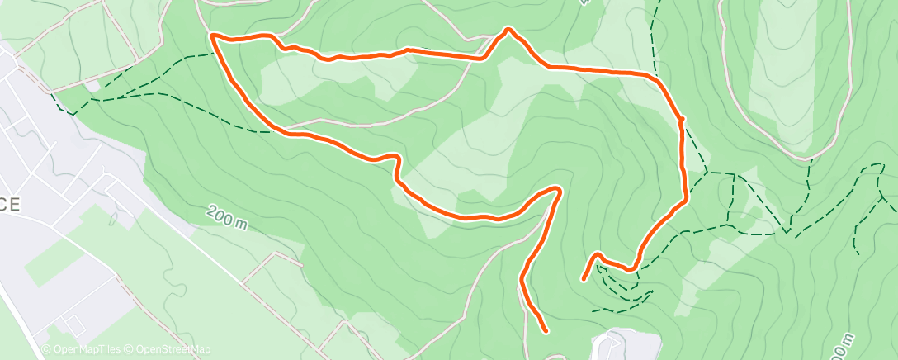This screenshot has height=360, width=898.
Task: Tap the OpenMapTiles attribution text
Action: [82, 349]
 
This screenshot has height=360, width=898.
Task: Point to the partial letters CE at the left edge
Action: [9, 205]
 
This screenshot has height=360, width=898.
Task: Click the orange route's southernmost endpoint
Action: [546, 331]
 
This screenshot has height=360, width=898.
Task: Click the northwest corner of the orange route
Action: [213, 36]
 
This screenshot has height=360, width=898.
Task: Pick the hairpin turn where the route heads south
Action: [559, 191]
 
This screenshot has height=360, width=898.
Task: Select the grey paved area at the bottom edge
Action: [627, 345]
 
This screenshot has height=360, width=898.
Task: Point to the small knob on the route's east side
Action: [682, 121]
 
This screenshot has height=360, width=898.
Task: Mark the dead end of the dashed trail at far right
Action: [857, 253]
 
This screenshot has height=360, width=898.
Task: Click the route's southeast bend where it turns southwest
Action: [685, 198]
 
